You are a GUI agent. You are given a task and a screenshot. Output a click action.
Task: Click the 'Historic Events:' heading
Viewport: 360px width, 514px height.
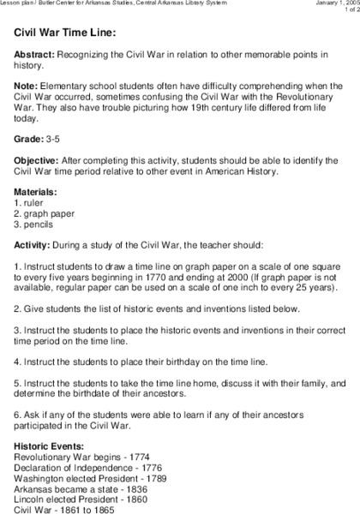click(x=49, y=446)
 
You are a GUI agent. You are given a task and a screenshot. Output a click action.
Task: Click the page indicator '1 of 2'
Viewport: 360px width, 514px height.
click(x=345, y=12)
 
